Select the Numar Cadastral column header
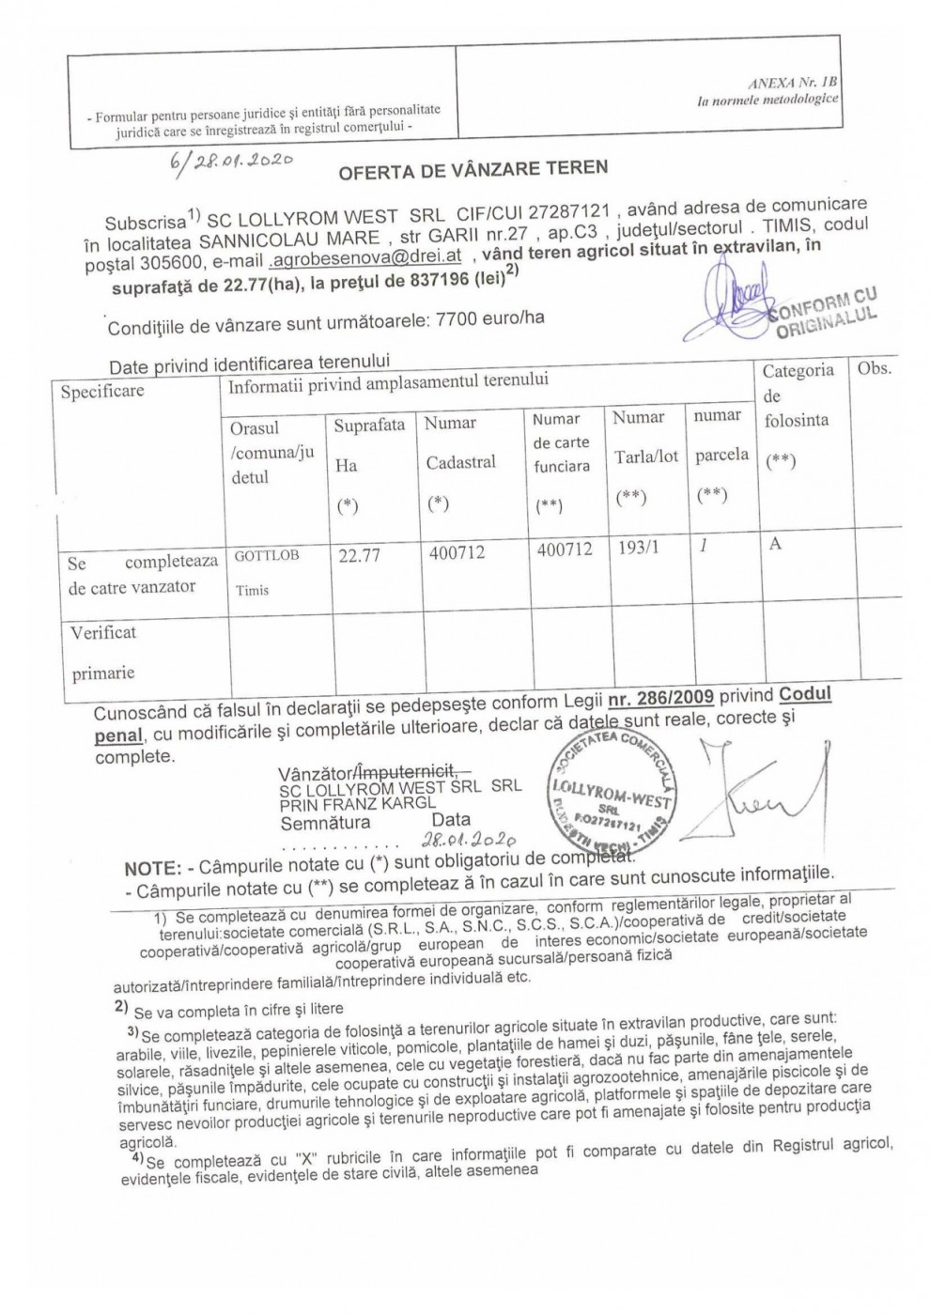[460, 442]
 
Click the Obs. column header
[874, 368]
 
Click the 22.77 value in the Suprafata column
[359, 555]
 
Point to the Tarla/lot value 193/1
[638, 548]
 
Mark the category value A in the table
[775, 544]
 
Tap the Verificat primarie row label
[103, 652]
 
